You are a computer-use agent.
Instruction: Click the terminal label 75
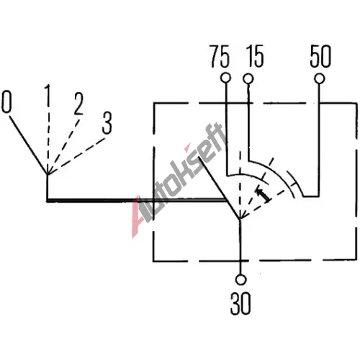(220, 57)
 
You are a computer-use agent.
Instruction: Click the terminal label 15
(255, 56)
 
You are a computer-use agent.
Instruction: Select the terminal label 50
(320, 56)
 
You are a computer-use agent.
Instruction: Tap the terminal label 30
(240, 303)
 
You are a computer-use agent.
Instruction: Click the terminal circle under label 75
(225, 78)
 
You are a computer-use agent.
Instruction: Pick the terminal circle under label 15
(248, 78)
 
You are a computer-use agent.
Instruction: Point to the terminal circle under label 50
(320, 78)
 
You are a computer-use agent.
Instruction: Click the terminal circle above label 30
(240, 279)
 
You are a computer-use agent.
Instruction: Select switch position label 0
(6, 102)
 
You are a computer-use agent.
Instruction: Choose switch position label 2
(78, 104)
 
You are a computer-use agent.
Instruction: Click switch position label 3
(107, 123)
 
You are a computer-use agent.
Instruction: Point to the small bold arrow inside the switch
(264, 195)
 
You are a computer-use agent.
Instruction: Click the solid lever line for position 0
(29, 145)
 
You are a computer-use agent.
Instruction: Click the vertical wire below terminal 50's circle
(320, 140)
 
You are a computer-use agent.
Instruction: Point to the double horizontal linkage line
(137, 200)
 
